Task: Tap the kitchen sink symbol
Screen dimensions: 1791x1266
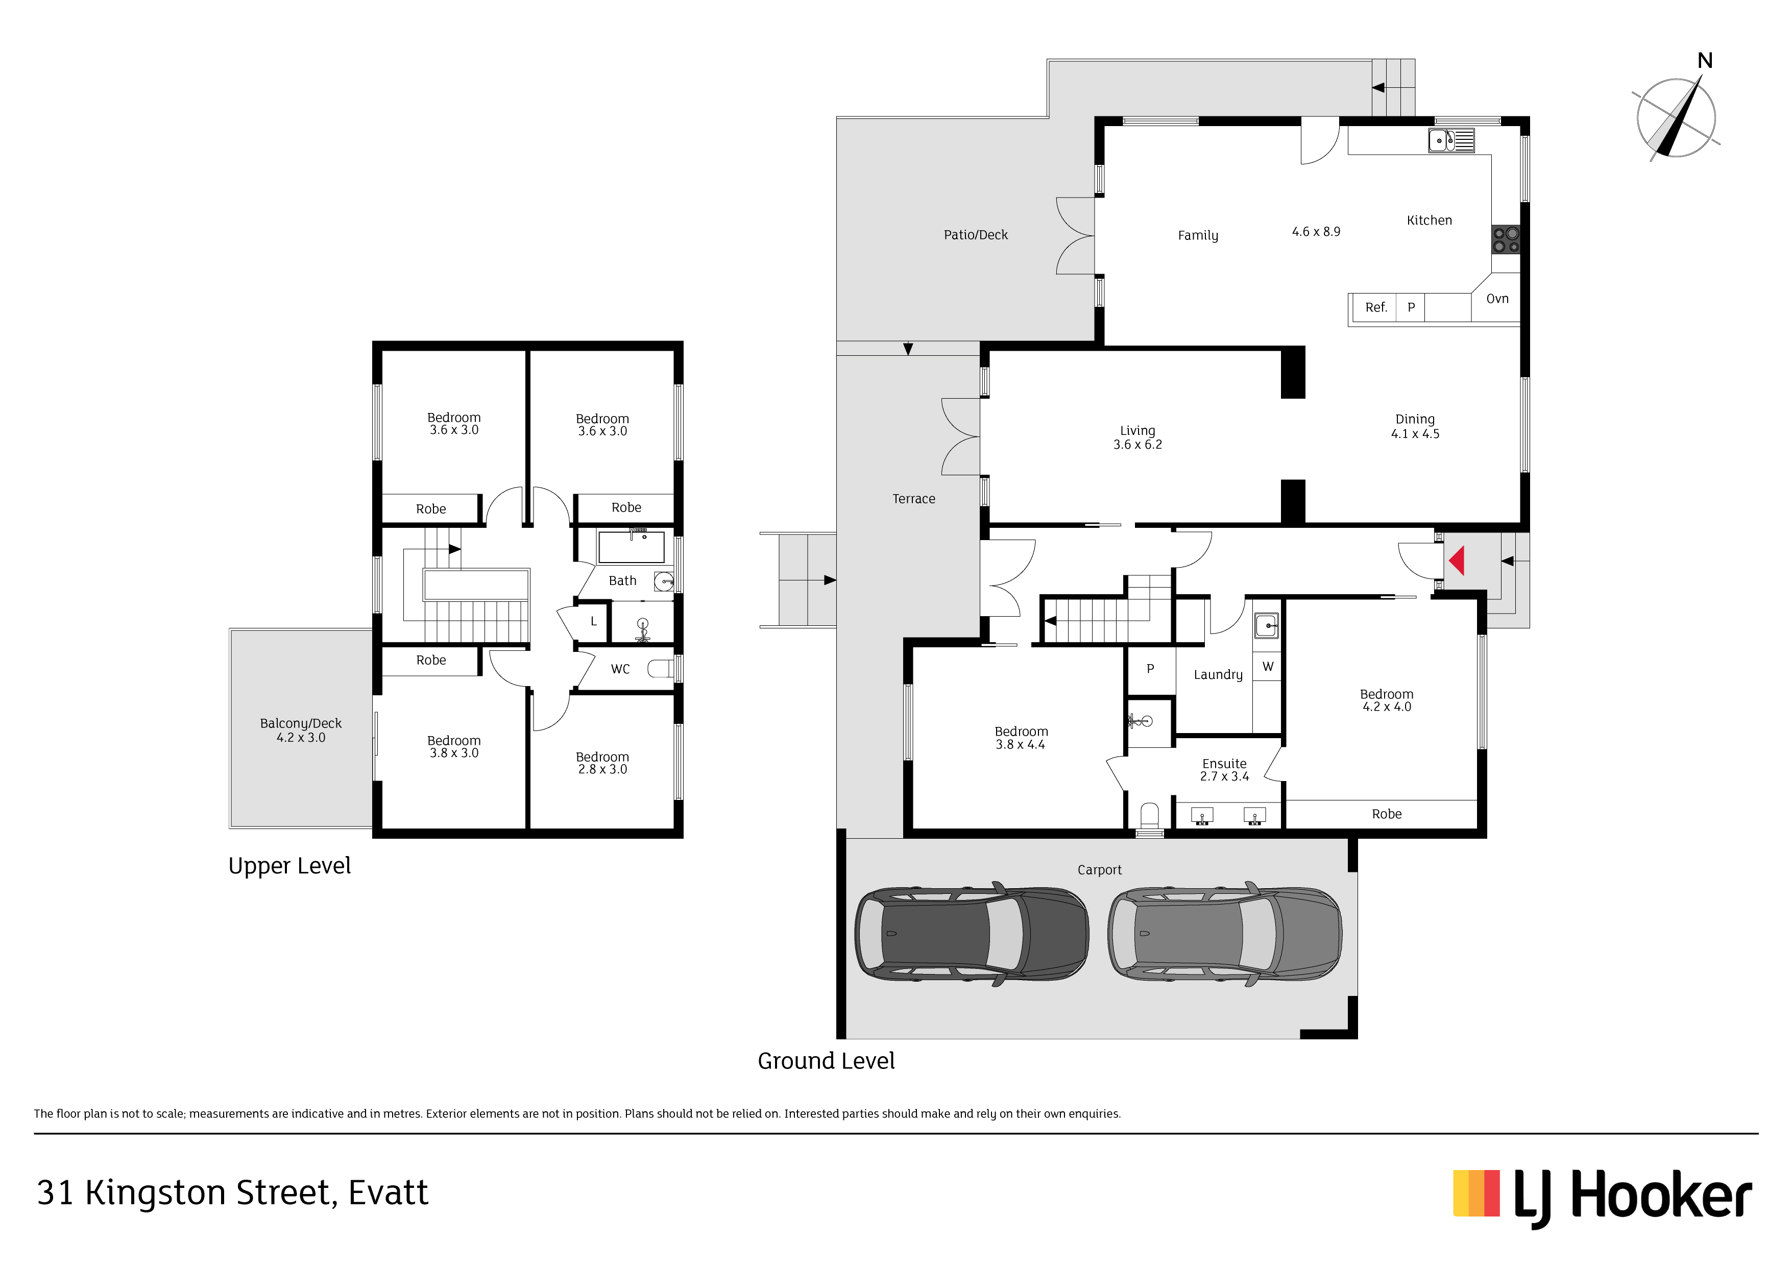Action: (x=1451, y=140)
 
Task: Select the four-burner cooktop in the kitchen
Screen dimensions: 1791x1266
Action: (x=1506, y=239)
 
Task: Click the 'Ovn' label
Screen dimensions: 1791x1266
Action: (x=1497, y=299)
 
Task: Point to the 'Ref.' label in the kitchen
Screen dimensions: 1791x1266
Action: (x=1376, y=307)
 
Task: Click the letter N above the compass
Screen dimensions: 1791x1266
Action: (x=1705, y=61)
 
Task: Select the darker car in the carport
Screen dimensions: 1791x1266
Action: (x=972, y=933)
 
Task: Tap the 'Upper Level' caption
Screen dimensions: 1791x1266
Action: (x=289, y=866)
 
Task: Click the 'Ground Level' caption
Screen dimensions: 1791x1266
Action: (x=826, y=1061)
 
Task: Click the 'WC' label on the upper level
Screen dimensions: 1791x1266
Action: (x=620, y=669)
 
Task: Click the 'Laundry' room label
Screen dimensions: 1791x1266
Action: (x=1218, y=675)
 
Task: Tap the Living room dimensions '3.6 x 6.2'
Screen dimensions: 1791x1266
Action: (x=1137, y=445)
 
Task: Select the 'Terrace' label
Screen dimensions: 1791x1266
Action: (x=913, y=499)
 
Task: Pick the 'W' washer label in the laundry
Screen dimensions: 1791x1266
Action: (x=1268, y=667)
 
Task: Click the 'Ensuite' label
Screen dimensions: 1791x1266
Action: (x=1224, y=764)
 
